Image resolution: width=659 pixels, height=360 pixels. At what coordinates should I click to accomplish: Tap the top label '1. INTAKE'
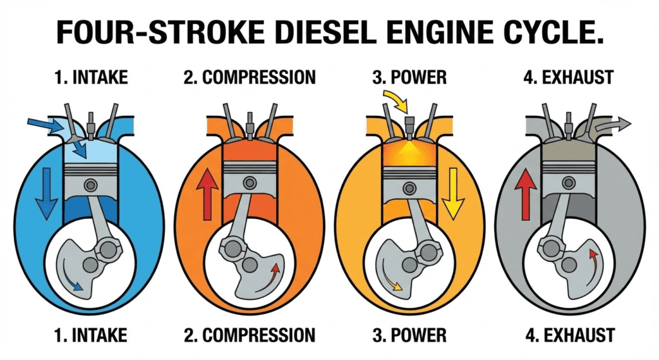click(92, 79)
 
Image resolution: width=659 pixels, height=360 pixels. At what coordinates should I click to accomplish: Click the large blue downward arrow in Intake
click(46, 191)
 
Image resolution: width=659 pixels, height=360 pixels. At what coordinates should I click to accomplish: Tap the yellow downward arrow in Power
click(454, 191)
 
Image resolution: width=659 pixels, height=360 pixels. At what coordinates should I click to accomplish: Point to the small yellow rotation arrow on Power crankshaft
click(389, 283)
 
